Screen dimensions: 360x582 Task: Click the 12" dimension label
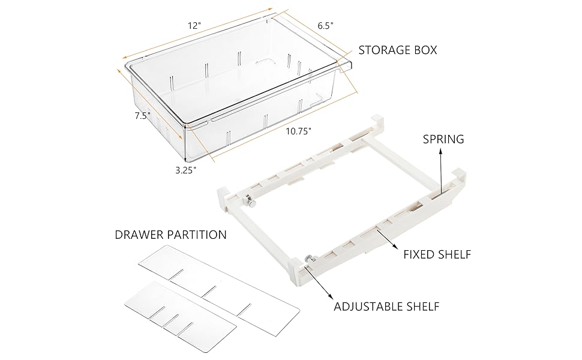(194, 26)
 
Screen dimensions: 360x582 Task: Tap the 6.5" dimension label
(325, 25)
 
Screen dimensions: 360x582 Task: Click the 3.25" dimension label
(186, 170)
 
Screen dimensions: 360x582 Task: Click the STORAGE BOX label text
(397, 50)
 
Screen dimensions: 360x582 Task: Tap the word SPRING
(443, 139)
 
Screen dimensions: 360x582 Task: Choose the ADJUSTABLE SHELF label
(386, 307)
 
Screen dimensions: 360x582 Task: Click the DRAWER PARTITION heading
(170, 235)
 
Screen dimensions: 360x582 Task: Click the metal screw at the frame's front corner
(310, 259)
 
